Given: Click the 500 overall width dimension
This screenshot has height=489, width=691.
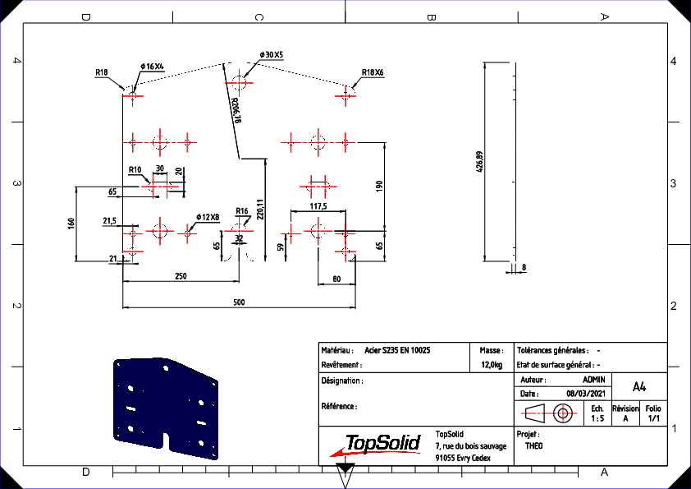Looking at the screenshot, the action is pyautogui.click(x=239, y=302).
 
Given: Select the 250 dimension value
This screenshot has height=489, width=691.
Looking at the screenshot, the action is pyautogui.click(x=181, y=276).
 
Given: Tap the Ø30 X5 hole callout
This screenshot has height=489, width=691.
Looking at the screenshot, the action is pyautogui.click(x=272, y=55).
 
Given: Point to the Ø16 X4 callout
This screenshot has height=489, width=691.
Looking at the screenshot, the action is pyautogui.click(x=152, y=67).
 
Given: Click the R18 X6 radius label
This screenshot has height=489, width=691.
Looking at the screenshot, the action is pyautogui.click(x=373, y=72).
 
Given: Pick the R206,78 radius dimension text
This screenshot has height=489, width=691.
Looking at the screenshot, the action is pyautogui.click(x=236, y=110).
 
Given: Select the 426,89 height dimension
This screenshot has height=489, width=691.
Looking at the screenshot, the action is pyautogui.click(x=480, y=162).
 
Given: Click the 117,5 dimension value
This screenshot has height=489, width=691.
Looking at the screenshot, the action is pyautogui.click(x=318, y=206).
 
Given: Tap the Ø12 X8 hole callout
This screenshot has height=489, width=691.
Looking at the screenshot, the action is pyautogui.click(x=208, y=217).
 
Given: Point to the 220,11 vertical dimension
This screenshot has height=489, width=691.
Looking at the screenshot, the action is pyautogui.click(x=260, y=210).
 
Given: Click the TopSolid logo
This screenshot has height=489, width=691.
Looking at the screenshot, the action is pyautogui.click(x=376, y=445).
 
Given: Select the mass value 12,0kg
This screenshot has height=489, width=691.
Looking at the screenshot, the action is pyautogui.click(x=492, y=365).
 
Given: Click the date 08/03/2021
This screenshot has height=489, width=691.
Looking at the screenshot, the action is pyautogui.click(x=586, y=393).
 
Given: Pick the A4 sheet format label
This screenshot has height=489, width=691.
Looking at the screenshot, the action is pyautogui.click(x=639, y=387).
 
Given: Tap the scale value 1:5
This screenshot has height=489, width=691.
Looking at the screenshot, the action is pyautogui.click(x=597, y=418).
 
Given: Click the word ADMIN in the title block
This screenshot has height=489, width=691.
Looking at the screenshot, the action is pyautogui.click(x=593, y=380).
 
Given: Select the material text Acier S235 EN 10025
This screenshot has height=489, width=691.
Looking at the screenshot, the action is pyautogui.click(x=397, y=350).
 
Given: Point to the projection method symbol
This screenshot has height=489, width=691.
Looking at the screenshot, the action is pyautogui.click(x=549, y=413).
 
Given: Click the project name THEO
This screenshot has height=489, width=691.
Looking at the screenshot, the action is pyautogui.click(x=533, y=445).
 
